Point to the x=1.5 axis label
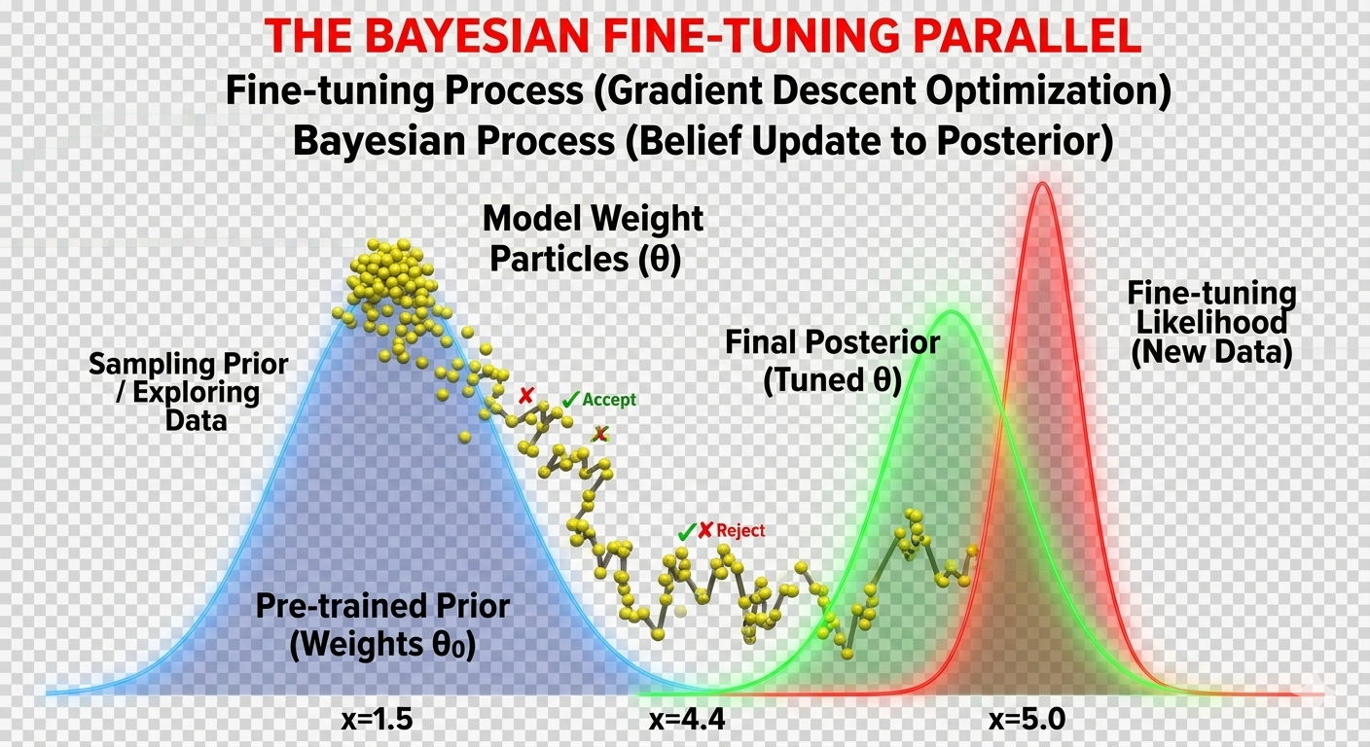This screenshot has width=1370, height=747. coord(378,719)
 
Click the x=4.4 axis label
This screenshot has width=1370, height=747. coord(687,719)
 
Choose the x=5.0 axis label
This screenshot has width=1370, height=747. coord(1027,719)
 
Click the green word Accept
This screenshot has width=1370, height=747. coord(609,400)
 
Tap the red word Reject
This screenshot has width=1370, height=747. coord(740,531)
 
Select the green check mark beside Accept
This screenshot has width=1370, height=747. coord(570,400)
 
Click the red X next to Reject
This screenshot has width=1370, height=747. coord(705,530)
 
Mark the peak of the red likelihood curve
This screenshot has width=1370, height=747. coord(1043,184)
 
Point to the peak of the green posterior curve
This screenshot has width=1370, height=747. coord(952,312)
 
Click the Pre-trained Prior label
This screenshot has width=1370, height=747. coord(382,624)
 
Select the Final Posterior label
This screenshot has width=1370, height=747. coord(832,361)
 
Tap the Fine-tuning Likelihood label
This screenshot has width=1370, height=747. coord(1211,324)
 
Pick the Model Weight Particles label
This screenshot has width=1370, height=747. coord(593,238)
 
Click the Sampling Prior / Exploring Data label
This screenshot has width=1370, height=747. coord(189,391)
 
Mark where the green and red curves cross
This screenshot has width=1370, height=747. coord(1002,414)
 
